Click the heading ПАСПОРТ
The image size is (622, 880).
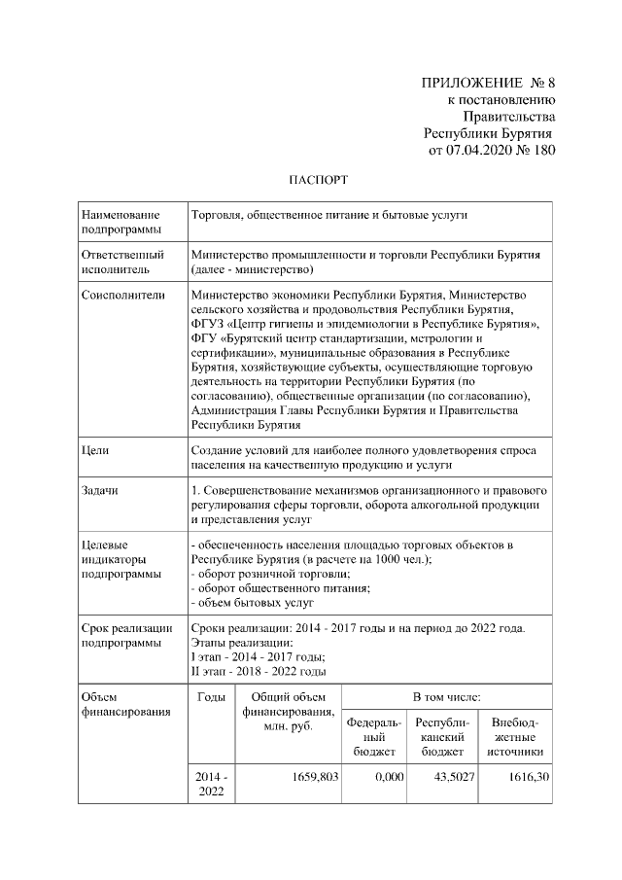311,180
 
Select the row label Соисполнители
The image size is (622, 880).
123,294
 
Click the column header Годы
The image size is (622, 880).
212,697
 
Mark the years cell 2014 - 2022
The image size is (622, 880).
212,785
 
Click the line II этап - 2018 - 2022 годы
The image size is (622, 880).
259,672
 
